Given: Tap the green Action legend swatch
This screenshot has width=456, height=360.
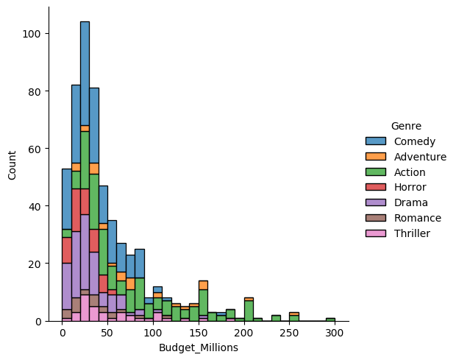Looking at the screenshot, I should click(376, 172).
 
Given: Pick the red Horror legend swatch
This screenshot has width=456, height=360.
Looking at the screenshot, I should click(376, 188).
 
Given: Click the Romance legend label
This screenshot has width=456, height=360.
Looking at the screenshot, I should click(418, 218).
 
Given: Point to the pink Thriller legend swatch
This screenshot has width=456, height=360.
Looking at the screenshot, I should click(376, 233).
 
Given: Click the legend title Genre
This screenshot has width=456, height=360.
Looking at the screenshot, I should click(406, 126).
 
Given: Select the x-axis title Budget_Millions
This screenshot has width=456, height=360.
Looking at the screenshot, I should click(199, 348).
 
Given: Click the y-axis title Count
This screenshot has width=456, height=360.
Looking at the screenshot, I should click(11, 164).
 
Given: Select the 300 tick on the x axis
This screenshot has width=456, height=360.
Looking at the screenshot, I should click(335, 333).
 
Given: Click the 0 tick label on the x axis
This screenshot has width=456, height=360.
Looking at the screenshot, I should click(63, 333).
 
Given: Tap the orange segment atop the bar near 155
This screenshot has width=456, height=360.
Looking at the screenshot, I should click(203, 285).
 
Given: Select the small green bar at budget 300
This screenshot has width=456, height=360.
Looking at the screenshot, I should click(330, 320).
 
